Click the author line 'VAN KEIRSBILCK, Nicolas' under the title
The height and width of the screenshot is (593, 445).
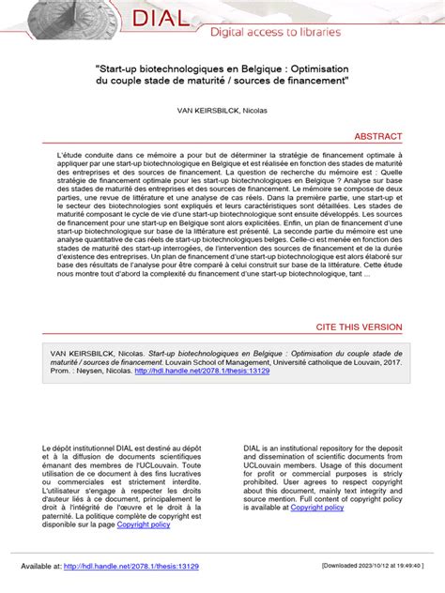[222, 110]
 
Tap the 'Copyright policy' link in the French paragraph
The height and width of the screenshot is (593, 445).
[143, 525]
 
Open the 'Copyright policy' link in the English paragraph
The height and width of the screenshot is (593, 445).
[317, 508]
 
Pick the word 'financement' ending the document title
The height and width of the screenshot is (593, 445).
[312, 82]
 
